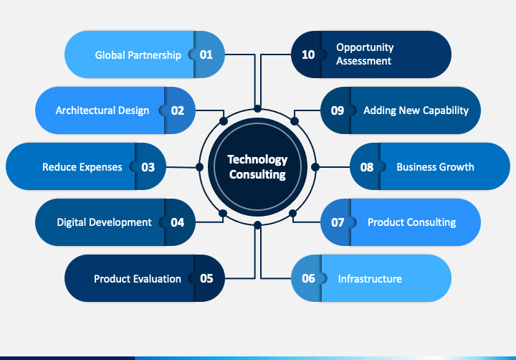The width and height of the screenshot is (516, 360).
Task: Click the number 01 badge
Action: point(206,55)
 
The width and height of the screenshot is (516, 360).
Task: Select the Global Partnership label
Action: point(138,55)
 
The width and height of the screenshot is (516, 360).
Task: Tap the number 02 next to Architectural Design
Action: point(177,110)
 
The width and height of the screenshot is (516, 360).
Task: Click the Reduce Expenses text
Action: point(82,167)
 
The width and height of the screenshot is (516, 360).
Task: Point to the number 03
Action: point(148,167)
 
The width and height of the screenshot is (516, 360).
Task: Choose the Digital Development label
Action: point(104,222)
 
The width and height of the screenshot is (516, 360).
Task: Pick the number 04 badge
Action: point(177,222)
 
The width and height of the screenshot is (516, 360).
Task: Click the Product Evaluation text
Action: point(137,278)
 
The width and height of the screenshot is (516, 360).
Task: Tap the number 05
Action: point(206,278)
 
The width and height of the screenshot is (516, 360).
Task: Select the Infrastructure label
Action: point(370,278)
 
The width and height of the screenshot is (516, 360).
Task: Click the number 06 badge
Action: point(308,278)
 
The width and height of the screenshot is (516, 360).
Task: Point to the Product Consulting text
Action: point(411,222)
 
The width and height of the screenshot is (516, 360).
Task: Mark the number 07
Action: point(338,222)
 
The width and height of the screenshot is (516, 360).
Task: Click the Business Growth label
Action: point(435,167)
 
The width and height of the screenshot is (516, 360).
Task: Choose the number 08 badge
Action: point(367,167)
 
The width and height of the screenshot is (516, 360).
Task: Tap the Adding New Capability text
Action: point(416,110)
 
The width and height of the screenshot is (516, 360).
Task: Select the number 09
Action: point(338,110)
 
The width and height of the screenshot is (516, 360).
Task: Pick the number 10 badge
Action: point(308,55)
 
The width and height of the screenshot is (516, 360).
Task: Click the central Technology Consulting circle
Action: point(257,166)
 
